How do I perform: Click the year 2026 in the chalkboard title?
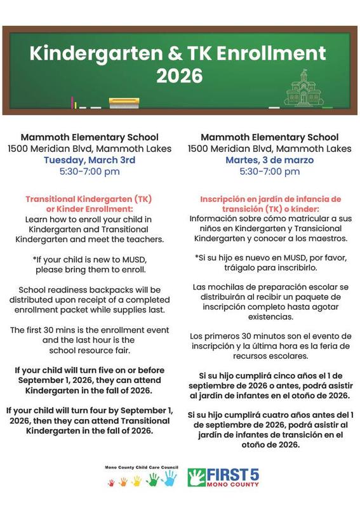tap(179, 76)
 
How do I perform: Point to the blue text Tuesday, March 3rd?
tap(89, 159)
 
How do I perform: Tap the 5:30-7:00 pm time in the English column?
tap(89, 171)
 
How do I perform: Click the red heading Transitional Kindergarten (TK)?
tap(89, 199)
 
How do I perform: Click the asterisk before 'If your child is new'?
tap(35, 259)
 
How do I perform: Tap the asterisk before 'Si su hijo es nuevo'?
tap(197, 258)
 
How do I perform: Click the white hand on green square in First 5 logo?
tap(197, 477)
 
